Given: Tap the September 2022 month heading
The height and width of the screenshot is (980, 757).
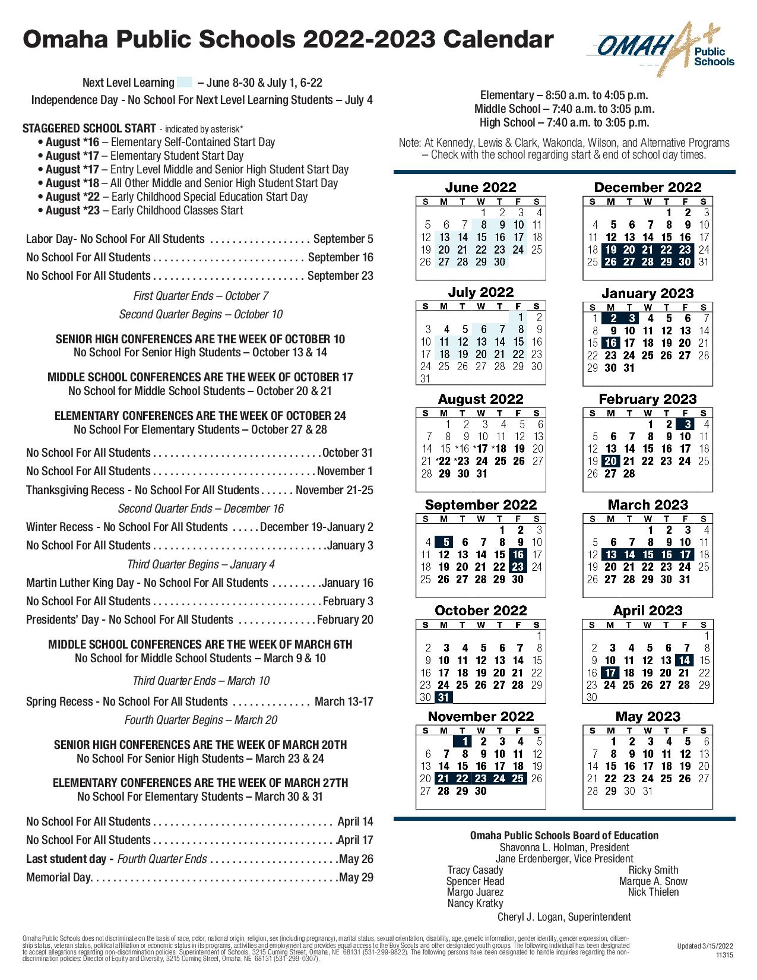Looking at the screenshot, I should pos(480,505).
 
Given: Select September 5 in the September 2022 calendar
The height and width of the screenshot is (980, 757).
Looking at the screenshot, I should pos(444,542).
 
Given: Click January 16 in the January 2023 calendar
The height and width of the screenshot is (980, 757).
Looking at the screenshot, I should pos(611,343).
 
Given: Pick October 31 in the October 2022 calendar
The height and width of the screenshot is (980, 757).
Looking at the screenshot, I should pos(444,697).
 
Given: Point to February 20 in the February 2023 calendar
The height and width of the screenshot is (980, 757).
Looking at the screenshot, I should pos(611,461).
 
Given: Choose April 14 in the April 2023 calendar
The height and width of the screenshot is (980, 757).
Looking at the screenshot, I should pos(685,660).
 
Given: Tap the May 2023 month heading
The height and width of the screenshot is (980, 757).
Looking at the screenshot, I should pos(647,716).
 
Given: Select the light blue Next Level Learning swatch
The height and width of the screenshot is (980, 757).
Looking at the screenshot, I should pos(185,83).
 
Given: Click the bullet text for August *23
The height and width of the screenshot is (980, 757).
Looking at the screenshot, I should pos(144,210).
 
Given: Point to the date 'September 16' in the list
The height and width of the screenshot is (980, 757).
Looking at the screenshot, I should pos(340,257).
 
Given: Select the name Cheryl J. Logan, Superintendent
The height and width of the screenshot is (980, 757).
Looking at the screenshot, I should pos(564,916).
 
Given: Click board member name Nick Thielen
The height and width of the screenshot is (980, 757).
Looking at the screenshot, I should pos(653,892).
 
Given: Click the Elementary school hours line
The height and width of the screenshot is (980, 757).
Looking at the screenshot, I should pos(563,95).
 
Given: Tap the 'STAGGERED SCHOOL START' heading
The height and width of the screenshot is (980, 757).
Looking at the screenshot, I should pos(90,128).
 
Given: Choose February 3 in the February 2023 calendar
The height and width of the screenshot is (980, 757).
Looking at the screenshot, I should pos(687,424).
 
